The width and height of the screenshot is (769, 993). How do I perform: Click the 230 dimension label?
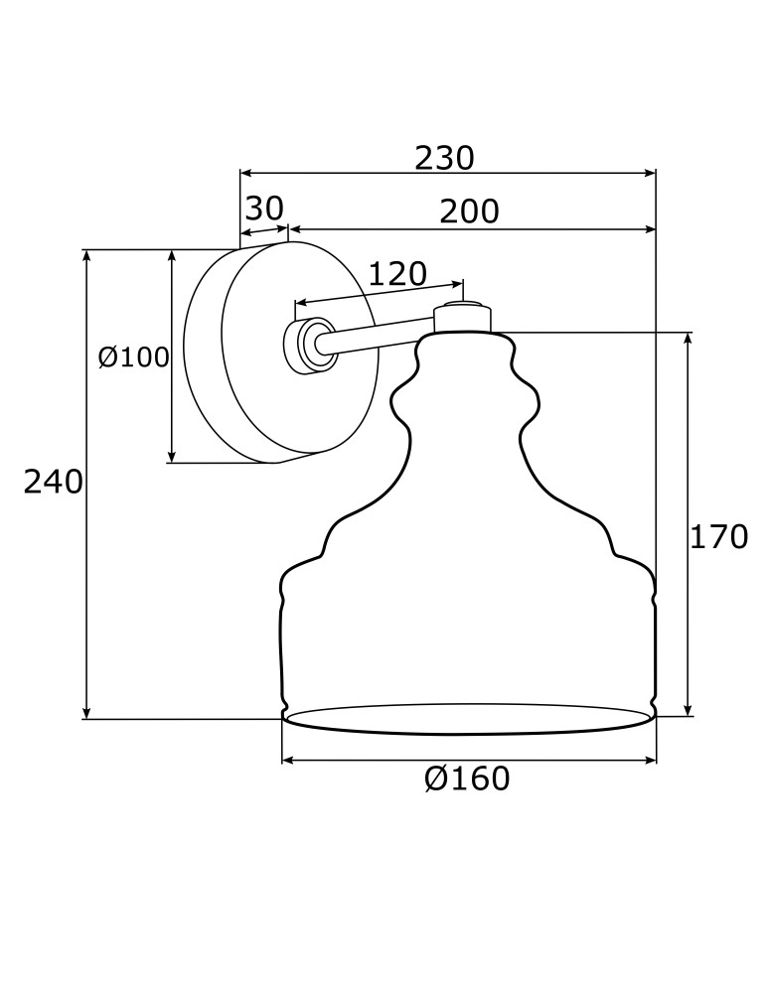[x=444, y=158]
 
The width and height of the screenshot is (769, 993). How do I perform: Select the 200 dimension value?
[x=469, y=212]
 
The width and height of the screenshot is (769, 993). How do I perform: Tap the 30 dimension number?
[x=264, y=209]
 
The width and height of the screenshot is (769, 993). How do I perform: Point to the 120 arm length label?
[x=397, y=273]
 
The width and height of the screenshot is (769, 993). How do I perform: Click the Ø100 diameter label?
[x=134, y=356]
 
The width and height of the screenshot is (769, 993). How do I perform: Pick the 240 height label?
[x=53, y=483]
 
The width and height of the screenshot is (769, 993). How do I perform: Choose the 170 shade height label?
[x=718, y=537]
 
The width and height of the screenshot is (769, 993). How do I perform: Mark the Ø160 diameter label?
[x=467, y=780]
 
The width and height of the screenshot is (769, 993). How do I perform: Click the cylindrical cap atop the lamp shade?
[x=462, y=319]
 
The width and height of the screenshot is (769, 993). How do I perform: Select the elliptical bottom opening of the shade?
[x=468, y=719]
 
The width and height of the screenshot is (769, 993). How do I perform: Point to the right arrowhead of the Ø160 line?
[x=651, y=761]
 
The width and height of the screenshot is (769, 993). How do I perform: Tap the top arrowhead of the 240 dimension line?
[x=87, y=255]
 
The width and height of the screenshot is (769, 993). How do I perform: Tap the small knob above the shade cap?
[x=462, y=302]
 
